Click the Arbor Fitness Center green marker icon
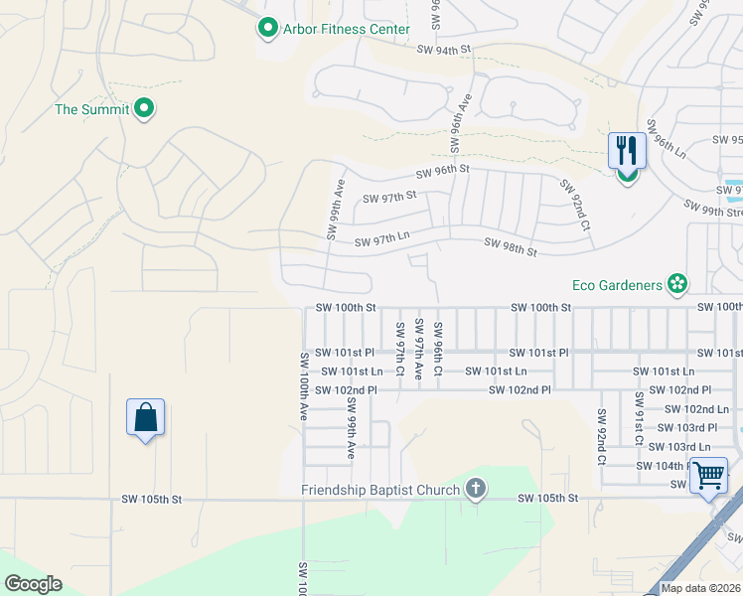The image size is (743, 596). click(x=267, y=29)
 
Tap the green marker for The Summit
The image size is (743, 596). click(x=144, y=108)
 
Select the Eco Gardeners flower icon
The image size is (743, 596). click(x=677, y=285)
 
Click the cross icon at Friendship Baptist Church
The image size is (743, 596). click(x=476, y=489)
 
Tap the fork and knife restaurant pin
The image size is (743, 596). click(x=627, y=151)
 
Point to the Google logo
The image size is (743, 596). click(x=33, y=584)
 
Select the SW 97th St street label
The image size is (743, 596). click(x=389, y=197)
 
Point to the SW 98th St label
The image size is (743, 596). click(x=511, y=247)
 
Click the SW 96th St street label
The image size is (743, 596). click(x=442, y=171)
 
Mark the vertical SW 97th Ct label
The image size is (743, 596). click(x=400, y=349)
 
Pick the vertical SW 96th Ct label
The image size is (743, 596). click(x=437, y=345)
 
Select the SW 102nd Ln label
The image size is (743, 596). click(x=696, y=408)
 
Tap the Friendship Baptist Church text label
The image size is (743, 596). click(x=380, y=490)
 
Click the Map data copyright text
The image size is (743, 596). click(x=701, y=588)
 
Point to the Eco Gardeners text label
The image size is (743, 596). click(x=617, y=285)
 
